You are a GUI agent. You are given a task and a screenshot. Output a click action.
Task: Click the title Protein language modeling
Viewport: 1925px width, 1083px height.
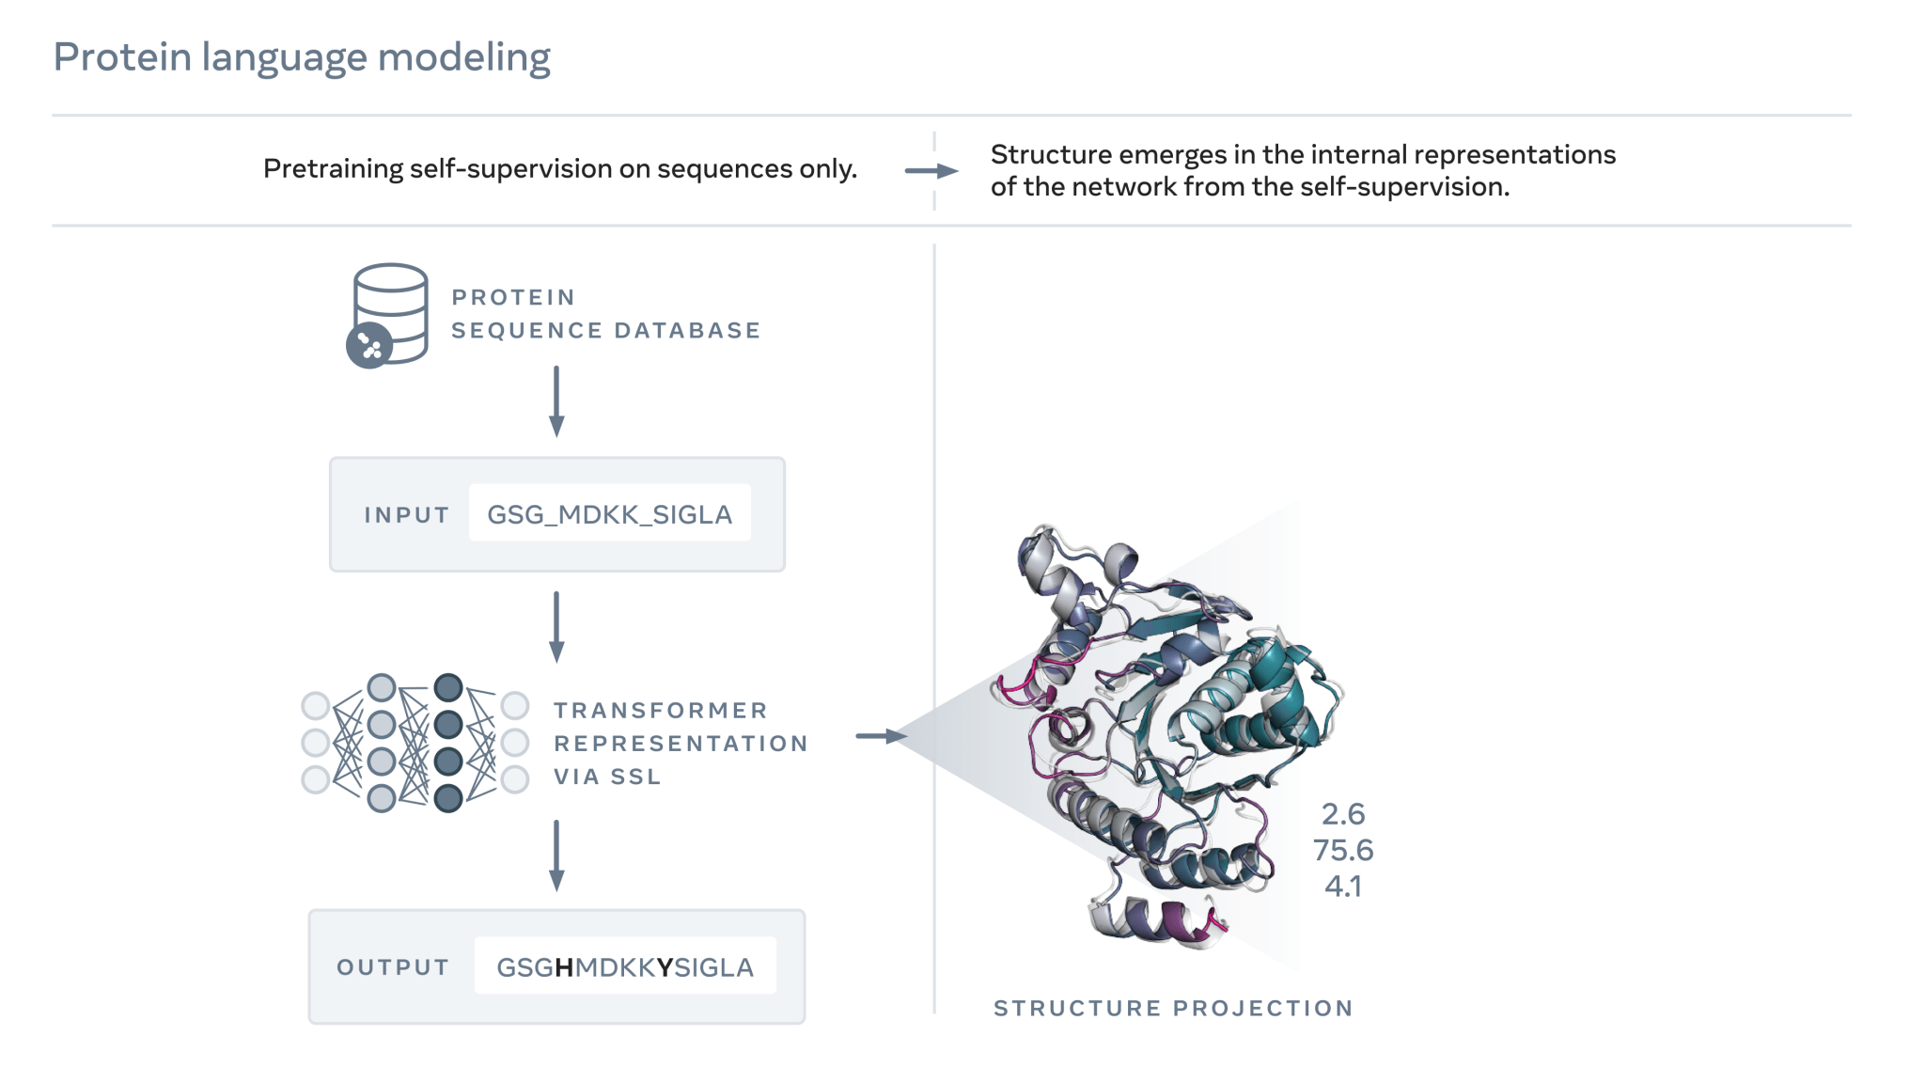click(302, 57)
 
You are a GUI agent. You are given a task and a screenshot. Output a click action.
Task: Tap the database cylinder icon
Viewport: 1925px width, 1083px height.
click(389, 313)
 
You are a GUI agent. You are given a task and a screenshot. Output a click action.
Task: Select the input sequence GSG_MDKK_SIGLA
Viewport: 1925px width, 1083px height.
click(609, 514)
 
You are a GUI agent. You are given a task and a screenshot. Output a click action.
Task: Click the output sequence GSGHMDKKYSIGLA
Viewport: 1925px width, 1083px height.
click(625, 967)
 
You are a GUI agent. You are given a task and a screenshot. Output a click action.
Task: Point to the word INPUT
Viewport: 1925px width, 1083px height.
click(406, 515)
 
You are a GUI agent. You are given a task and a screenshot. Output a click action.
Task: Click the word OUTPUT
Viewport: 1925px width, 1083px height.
click(393, 967)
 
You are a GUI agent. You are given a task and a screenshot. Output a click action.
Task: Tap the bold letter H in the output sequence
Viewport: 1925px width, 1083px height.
click(564, 967)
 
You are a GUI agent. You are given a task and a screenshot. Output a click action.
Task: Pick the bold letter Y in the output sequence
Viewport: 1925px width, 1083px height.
click(665, 967)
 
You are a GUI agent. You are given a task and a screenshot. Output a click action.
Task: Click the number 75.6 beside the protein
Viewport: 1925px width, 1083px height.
click(1343, 850)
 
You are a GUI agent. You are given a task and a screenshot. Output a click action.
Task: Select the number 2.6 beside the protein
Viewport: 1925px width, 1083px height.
click(1343, 814)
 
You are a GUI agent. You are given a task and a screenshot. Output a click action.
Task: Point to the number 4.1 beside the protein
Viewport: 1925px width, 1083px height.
click(1343, 886)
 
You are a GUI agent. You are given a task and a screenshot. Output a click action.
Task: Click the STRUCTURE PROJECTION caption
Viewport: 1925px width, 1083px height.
click(1173, 1009)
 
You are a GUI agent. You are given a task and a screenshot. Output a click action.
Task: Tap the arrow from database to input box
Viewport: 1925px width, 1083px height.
click(556, 401)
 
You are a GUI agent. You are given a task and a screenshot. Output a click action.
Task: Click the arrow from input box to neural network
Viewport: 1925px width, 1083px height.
click(556, 627)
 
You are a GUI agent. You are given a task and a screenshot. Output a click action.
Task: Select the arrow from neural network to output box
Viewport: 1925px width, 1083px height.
click(556, 855)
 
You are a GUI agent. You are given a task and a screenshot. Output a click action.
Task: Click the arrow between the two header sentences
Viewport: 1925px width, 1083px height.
click(931, 171)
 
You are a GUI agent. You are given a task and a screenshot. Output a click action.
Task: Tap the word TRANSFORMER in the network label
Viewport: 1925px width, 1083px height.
click(661, 711)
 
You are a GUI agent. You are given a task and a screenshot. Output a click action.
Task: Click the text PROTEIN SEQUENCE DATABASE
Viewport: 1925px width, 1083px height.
click(605, 314)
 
